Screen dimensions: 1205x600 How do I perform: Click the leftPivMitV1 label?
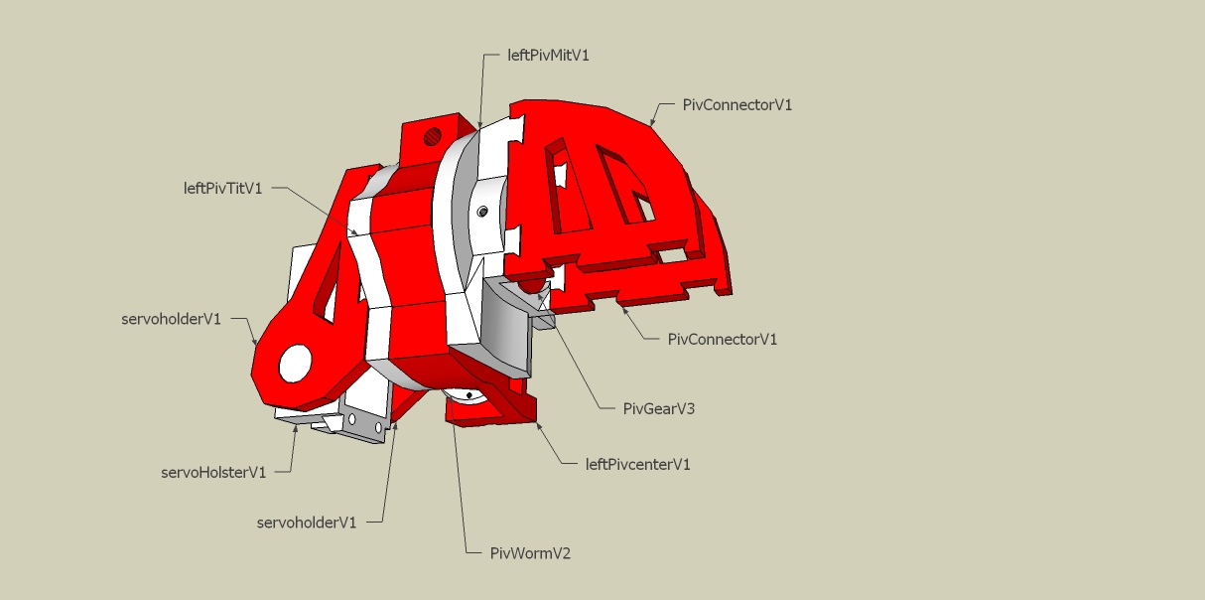coord(548,56)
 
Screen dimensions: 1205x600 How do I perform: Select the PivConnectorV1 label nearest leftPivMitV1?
coord(736,105)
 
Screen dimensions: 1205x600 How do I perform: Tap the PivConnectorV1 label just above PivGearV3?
coord(722,340)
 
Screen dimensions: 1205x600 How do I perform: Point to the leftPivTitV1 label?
coord(222,188)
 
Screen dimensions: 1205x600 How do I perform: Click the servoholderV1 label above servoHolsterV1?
coord(171,319)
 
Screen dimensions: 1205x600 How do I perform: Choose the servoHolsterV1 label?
coord(213,473)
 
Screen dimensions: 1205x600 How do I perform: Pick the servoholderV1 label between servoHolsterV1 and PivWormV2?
coord(307,523)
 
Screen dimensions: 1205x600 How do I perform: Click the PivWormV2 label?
coord(530,553)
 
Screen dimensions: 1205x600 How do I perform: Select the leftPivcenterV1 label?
coord(637,464)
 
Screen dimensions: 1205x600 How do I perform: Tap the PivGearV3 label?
coord(658,409)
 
